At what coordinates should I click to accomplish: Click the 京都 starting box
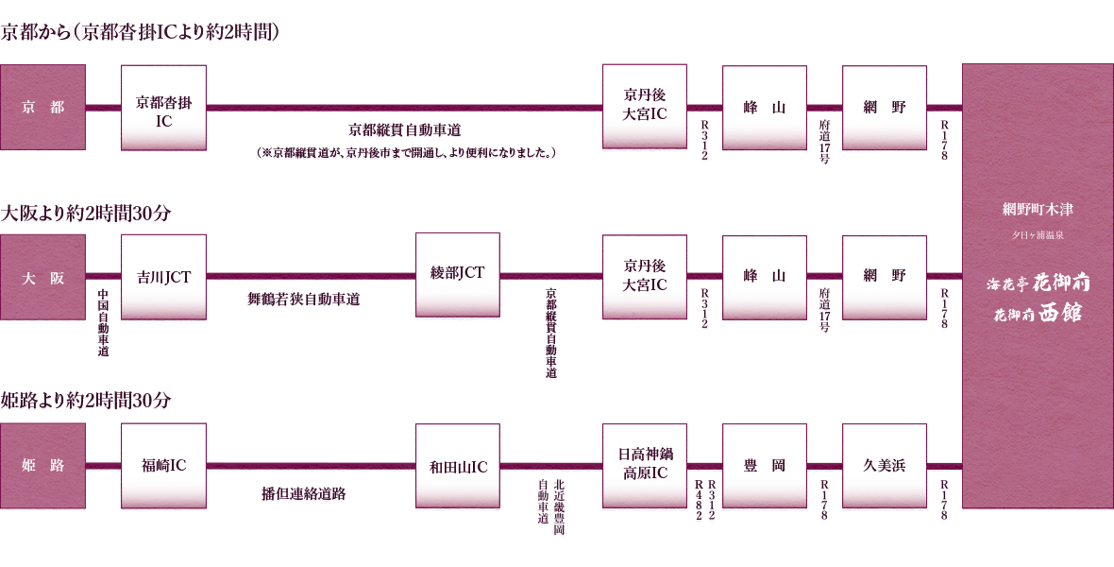42,108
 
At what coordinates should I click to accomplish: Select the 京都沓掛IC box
163,108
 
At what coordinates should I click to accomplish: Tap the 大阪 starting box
42,277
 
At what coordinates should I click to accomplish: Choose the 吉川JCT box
163,277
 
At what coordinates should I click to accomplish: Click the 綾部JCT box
458,275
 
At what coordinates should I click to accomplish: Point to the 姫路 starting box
42,466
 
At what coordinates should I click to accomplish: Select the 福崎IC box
163,466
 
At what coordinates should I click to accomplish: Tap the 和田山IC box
458,466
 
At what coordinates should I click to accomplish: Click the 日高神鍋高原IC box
645,466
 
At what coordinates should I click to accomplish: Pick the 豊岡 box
765,466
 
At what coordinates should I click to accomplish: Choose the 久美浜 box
885,466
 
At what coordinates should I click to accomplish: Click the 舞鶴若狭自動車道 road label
303,300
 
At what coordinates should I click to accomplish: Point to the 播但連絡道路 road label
303,493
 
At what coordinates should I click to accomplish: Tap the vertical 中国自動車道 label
104,322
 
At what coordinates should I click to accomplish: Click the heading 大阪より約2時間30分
86,214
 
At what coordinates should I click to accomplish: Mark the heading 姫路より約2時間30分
86,402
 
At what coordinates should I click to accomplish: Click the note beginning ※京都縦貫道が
406,153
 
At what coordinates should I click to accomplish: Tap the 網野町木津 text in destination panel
1038,209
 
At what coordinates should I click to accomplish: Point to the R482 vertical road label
700,500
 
